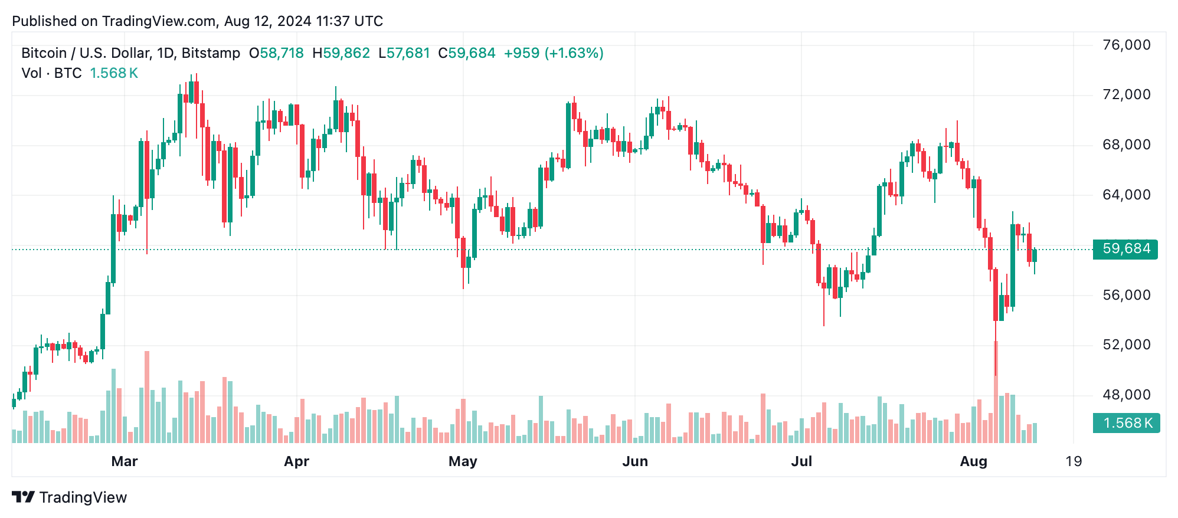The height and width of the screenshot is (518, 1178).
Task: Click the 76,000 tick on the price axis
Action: click(1126, 45)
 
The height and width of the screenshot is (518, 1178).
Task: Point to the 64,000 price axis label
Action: click(1126, 195)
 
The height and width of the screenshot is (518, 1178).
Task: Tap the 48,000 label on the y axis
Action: click(1126, 395)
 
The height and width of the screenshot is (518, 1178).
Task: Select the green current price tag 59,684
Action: click(1125, 249)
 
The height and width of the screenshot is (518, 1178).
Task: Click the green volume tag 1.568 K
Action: click(1126, 423)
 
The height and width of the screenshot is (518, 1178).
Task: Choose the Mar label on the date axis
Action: click(124, 461)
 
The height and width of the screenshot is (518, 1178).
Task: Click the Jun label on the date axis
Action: click(635, 461)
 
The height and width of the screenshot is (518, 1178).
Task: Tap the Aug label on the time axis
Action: click(973, 461)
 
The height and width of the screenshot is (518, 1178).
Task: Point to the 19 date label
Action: click(1074, 461)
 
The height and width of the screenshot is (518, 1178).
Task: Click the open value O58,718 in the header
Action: click(276, 53)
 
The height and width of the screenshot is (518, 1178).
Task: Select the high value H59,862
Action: click(341, 53)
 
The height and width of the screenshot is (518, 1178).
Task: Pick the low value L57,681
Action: click(404, 53)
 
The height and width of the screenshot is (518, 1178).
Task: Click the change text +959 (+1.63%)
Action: click(553, 53)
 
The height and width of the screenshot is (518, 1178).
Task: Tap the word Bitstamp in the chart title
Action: click(211, 53)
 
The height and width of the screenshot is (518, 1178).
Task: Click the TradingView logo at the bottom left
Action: click(70, 497)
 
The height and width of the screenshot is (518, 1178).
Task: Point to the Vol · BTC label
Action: click(51, 73)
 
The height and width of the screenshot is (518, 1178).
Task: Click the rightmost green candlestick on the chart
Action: click(1034, 255)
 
